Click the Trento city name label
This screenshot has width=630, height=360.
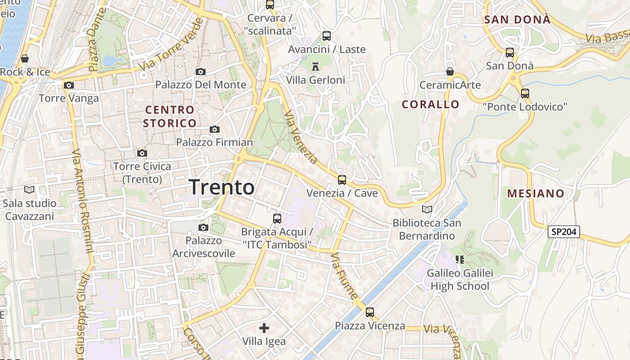[x=222, y=187]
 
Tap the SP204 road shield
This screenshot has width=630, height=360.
[x=563, y=232]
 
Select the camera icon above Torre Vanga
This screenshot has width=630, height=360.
[x=68, y=85]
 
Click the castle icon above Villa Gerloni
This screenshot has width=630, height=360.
[x=315, y=67]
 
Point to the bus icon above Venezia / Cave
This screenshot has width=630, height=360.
[x=342, y=180]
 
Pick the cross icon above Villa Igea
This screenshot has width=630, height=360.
[x=264, y=328]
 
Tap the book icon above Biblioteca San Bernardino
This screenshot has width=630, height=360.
[x=427, y=209]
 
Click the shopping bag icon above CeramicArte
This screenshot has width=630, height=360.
[x=450, y=72]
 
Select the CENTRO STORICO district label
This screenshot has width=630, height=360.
[x=170, y=116]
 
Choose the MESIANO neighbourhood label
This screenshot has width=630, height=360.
[x=535, y=193]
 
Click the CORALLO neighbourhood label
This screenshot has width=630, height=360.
[x=431, y=104]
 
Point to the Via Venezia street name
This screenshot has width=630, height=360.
[x=301, y=137]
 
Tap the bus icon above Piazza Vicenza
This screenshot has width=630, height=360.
[x=370, y=312]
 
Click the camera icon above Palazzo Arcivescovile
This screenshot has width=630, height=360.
[x=203, y=227]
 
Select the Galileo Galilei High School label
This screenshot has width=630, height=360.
[x=460, y=279]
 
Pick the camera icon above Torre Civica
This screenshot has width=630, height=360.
[x=142, y=153]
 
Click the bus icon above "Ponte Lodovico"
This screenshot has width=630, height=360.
[x=525, y=94]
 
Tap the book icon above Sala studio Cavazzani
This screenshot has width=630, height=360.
[x=29, y=190]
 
